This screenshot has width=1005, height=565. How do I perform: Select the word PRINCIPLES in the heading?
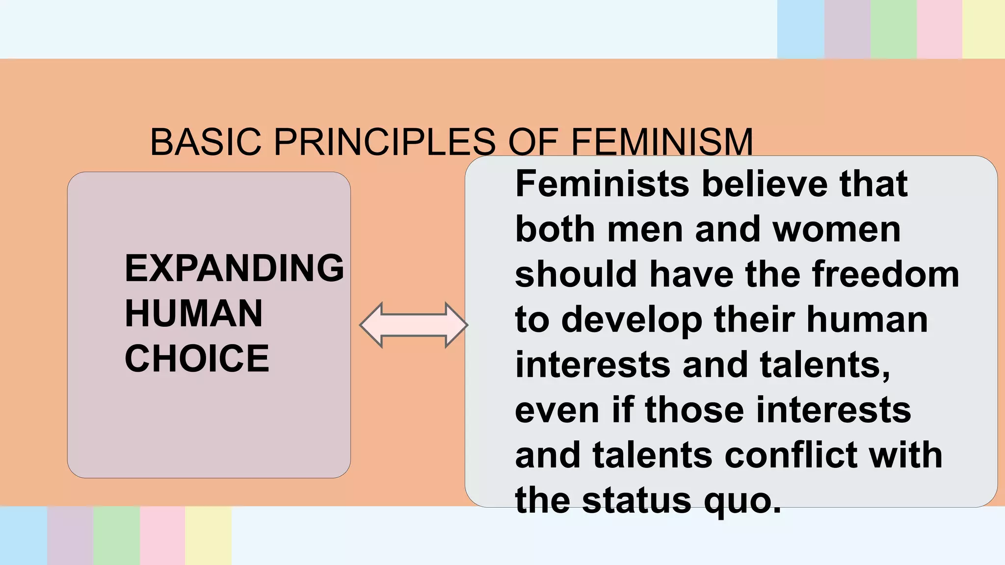point(384,142)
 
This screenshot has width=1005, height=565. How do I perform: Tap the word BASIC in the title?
point(205,142)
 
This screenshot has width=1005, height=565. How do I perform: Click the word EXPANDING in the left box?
point(235,268)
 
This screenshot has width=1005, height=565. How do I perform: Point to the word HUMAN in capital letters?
point(194,313)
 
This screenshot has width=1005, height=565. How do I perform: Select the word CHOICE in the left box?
point(197,359)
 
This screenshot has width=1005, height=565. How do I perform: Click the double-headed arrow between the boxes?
point(414,325)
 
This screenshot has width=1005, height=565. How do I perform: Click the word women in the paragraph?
point(837,229)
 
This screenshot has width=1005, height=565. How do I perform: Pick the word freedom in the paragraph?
point(885,274)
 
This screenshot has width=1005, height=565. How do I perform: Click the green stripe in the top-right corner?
point(893,29)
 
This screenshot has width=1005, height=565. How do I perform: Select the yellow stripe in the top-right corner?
point(983,29)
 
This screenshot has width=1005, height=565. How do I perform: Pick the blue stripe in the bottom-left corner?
point(23,536)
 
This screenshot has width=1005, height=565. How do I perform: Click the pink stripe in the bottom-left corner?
point(162,536)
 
